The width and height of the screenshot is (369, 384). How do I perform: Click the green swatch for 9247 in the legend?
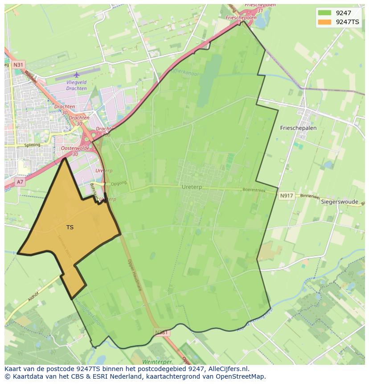(x=325, y=13)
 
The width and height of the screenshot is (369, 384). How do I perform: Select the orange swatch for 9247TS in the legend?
(x=325, y=22)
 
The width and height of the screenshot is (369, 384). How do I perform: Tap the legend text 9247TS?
(x=347, y=22)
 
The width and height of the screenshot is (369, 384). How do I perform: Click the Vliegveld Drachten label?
(x=76, y=85)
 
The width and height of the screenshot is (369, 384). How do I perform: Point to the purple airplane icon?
(x=77, y=74)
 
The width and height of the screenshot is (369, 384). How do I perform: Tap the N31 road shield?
(x=18, y=65)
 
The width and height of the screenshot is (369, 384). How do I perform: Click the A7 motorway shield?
(x=20, y=182)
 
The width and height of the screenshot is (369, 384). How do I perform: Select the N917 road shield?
(x=287, y=195)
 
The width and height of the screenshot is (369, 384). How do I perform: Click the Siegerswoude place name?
(x=340, y=202)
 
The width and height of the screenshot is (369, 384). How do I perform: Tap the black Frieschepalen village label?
(x=298, y=128)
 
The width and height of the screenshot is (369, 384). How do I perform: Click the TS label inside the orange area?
(x=70, y=227)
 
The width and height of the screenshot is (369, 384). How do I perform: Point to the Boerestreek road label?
(x=254, y=190)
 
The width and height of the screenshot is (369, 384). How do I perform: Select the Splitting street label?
(x=32, y=145)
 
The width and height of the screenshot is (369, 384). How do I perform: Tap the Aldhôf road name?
(x=34, y=297)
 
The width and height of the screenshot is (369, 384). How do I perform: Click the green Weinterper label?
(x=157, y=362)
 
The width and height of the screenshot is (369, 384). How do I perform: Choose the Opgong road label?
(x=119, y=183)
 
